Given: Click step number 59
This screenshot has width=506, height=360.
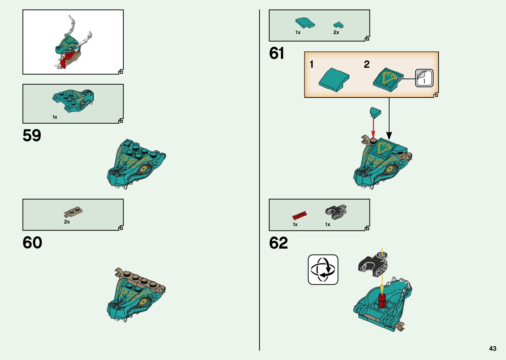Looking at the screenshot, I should [x=32, y=136].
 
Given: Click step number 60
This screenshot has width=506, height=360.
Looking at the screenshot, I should [x=32, y=243].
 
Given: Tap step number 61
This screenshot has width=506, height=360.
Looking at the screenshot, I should [x=276, y=53].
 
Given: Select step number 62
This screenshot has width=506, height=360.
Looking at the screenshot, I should [x=278, y=243].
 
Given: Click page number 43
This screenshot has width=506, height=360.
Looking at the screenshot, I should [x=492, y=348].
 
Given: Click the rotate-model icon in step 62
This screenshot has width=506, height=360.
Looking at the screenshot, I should [x=323, y=269].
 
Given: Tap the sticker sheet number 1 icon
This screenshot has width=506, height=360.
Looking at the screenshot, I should [x=424, y=78].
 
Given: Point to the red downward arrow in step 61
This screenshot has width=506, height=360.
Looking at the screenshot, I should [x=373, y=127].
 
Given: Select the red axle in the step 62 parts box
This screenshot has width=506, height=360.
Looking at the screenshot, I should [x=299, y=216].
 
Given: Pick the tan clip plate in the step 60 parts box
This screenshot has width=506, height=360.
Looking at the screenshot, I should [x=73, y=212].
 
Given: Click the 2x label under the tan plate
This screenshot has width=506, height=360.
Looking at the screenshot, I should [x=67, y=222].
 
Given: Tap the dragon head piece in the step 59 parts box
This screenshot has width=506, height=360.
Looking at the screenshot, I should [x=73, y=99].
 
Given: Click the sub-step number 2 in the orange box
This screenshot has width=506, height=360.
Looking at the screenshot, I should [x=367, y=64].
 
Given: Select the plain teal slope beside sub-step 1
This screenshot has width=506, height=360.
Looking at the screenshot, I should [x=334, y=80].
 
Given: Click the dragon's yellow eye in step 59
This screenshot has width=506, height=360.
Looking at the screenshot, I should [x=143, y=169].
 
